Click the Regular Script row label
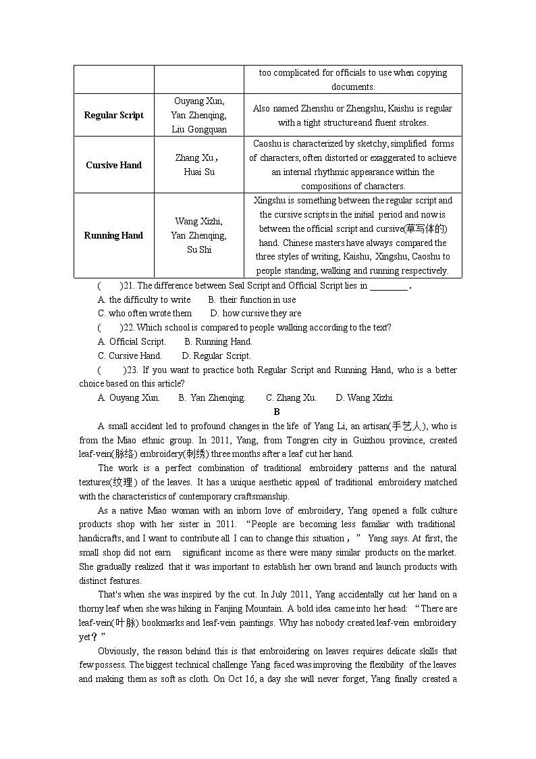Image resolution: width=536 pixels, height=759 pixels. point(113,115)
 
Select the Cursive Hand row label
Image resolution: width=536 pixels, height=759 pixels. point(113,165)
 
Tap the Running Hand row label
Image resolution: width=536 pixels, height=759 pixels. point(113,235)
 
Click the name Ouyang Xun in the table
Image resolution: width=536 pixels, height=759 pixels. point(198,101)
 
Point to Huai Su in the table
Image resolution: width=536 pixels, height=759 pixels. point(199,172)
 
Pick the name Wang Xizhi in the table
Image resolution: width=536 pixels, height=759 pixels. point(198,221)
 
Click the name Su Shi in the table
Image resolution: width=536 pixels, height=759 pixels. point(198,249)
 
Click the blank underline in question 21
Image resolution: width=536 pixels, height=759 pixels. point(389,286)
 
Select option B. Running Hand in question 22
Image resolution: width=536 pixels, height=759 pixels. point(218,341)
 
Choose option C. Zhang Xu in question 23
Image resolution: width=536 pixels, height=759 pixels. point(291,397)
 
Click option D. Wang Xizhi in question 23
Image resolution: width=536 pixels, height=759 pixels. point(365,397)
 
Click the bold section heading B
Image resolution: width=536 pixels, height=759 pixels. point(277,412)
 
